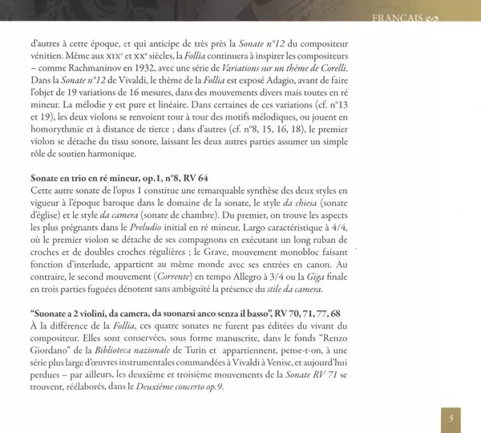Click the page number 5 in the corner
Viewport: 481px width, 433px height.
(451, 417)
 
